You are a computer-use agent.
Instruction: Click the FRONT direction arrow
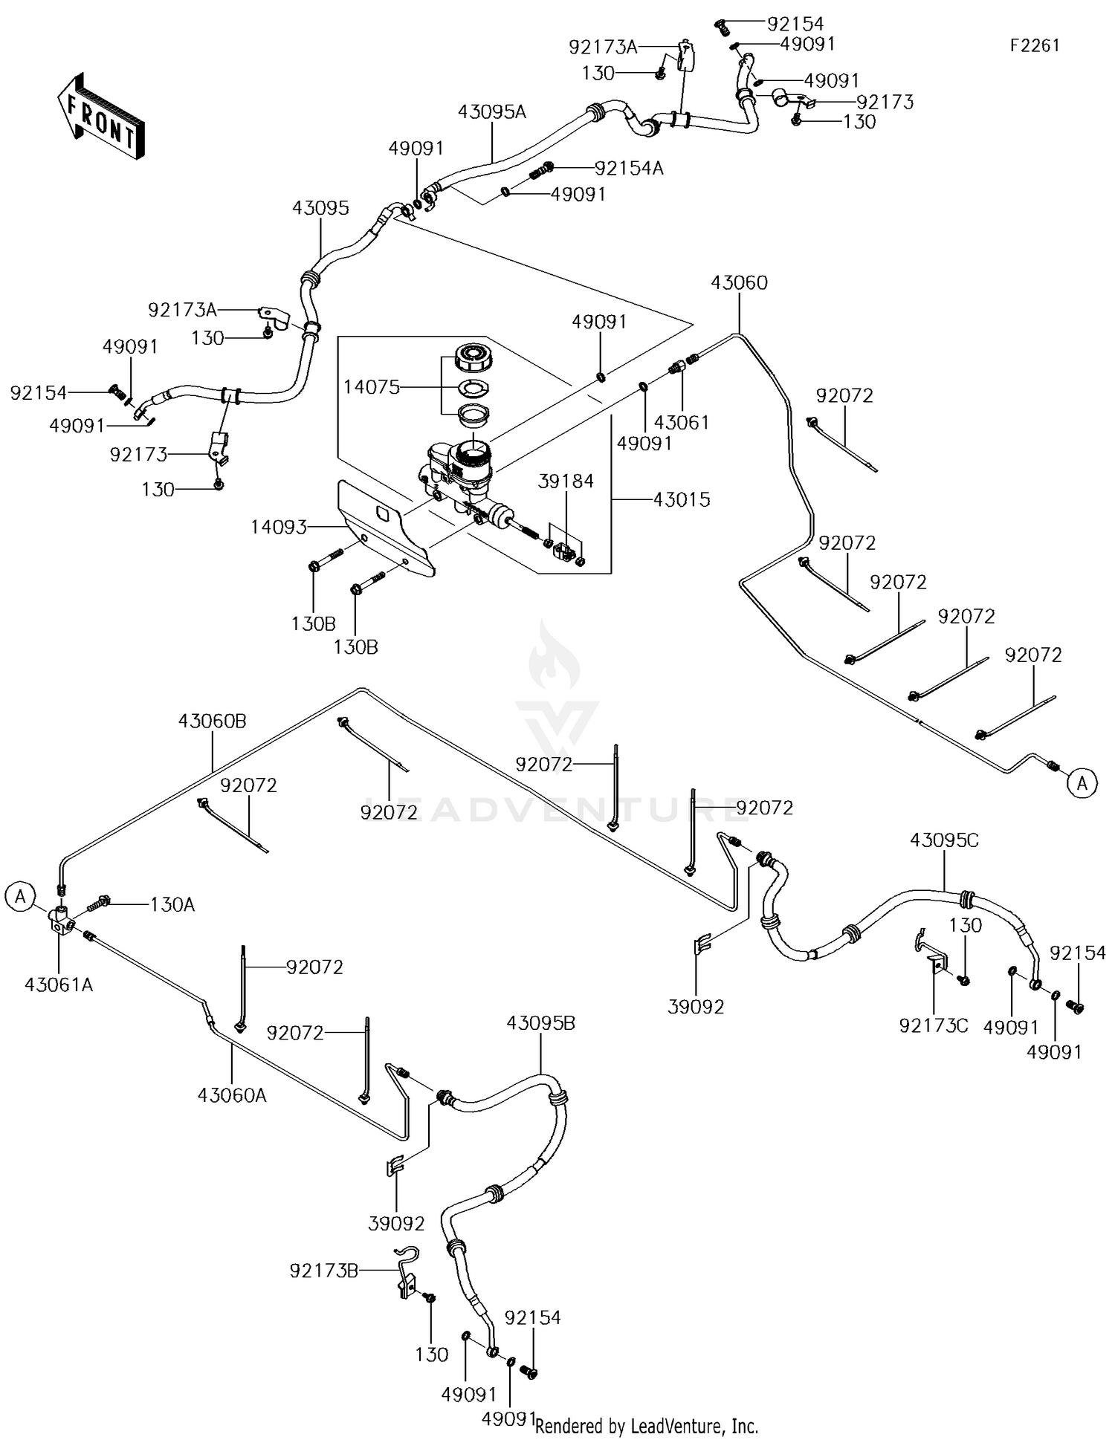click(100, 115)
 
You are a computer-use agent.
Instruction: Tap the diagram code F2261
click(1035, 45)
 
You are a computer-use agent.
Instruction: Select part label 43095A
click(491, 111)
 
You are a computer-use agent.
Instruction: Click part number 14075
click(372, 386)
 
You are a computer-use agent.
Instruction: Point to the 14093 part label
click(279, 527)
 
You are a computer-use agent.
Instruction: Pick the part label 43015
click(682, 499)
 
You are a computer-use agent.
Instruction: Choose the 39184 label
click(566, 481)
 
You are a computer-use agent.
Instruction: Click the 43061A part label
click(59, 985)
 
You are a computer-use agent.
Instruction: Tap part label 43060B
click(213, 721)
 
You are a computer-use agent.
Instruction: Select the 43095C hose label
click(945, 840)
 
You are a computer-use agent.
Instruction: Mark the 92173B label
click(324, 1271)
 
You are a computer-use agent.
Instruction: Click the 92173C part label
click(934, 1025)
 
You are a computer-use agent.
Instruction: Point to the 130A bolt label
click(172, 904)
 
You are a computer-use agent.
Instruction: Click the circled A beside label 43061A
click(20, 897)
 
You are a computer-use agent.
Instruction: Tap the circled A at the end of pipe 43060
click(1083, 782)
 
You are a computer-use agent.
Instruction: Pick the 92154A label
click(629, 168)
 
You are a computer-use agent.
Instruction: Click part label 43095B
click(540, 1022)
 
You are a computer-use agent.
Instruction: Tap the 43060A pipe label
click(232, 1094)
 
